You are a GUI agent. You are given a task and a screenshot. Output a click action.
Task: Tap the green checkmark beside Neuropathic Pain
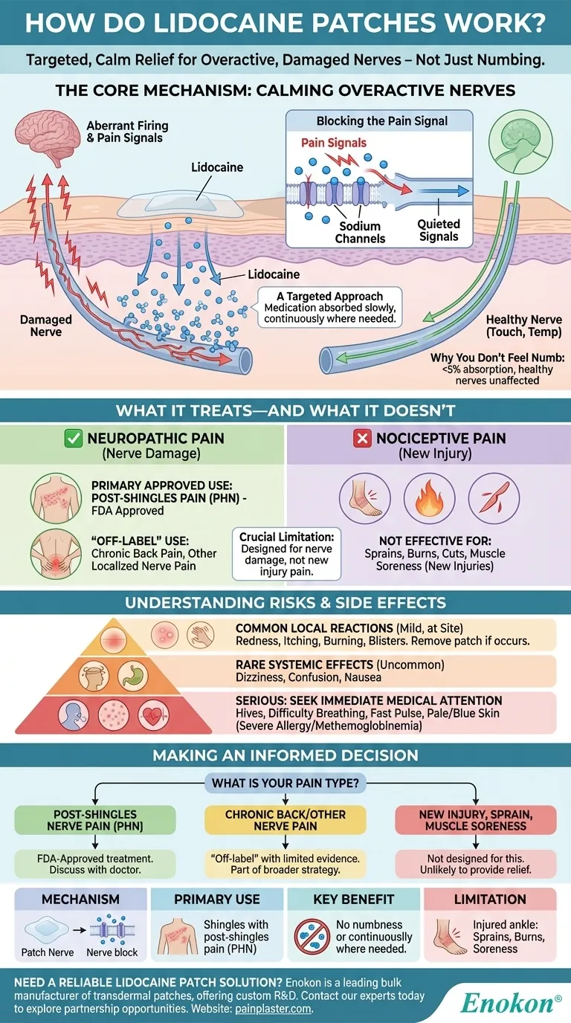(x=74, y=438)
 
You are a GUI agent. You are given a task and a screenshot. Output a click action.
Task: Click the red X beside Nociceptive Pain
(x=363, y=438)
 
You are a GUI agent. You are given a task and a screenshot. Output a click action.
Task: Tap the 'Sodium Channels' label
(x=360, y=232)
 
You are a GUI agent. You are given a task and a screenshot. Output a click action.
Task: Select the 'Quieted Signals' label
(x=439, y=230)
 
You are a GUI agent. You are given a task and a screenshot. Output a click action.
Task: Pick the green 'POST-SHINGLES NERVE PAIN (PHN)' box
(x=95, y=820)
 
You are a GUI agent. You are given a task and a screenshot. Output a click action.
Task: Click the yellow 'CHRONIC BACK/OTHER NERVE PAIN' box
(x=285, y=820)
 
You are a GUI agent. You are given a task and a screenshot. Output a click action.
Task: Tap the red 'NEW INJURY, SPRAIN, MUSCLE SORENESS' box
(x=475, y=820)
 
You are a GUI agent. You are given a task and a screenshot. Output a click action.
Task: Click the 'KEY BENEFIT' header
(x=353, y=899)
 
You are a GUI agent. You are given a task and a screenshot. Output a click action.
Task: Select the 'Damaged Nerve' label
(x=46, y=326)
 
